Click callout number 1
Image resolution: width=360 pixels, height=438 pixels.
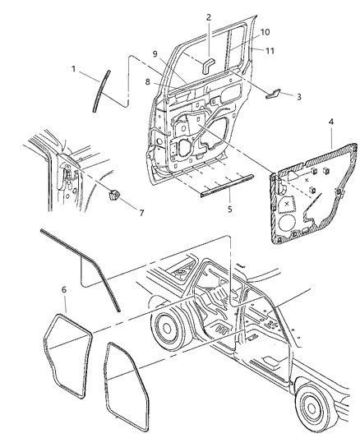(x=74, y=70)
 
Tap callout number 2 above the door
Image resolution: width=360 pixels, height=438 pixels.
(x=209, y=16)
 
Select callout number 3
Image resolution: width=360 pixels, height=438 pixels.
(x=298, y=97)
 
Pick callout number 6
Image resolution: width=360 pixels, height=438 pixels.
(x=64, y=291)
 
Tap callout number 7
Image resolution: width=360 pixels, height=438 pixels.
(x=141, y=214)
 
